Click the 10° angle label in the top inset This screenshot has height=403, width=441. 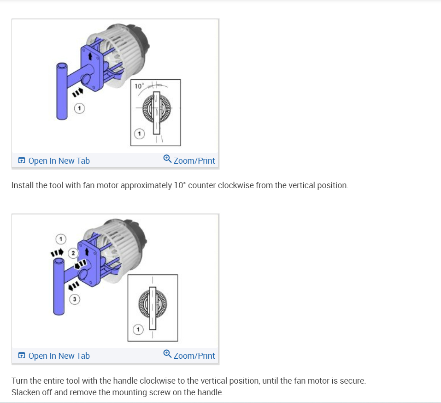139,86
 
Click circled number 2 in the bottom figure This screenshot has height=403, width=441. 73,253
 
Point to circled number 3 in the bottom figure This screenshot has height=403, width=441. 75,299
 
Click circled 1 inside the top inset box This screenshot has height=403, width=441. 139,134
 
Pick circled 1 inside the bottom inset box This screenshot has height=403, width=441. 138,329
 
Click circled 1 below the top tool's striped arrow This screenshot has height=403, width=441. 79,108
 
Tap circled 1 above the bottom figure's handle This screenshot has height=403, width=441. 61,239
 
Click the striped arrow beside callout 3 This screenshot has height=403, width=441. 74,286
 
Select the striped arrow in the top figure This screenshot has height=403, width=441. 77,92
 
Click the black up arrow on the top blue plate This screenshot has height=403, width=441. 90,56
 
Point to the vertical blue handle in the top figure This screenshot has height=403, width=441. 62,91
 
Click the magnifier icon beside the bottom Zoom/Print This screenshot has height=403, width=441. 167,354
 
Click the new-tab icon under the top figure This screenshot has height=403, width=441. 22,160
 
